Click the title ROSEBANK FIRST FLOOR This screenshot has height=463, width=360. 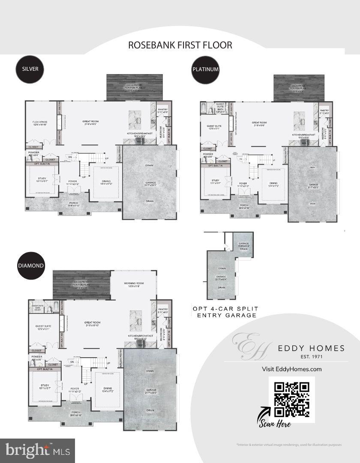point(180,45)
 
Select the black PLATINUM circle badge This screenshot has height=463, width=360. point(206,69)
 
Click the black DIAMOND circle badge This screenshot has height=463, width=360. point(30,265)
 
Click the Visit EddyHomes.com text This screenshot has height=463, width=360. point(291,369)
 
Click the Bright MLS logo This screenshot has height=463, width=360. point(38,451)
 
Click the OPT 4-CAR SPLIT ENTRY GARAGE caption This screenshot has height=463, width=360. point(224,312)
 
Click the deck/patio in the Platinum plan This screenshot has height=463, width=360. point(293,88)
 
